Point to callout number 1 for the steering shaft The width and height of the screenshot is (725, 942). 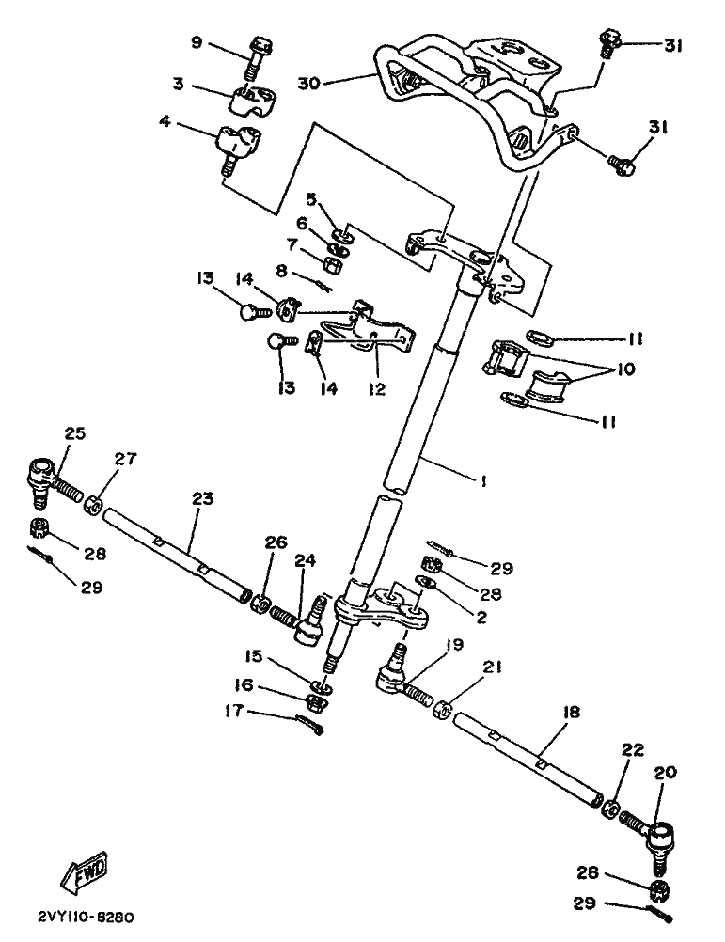[481, 480]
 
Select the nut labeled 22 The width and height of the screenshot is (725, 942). [608, 808]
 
